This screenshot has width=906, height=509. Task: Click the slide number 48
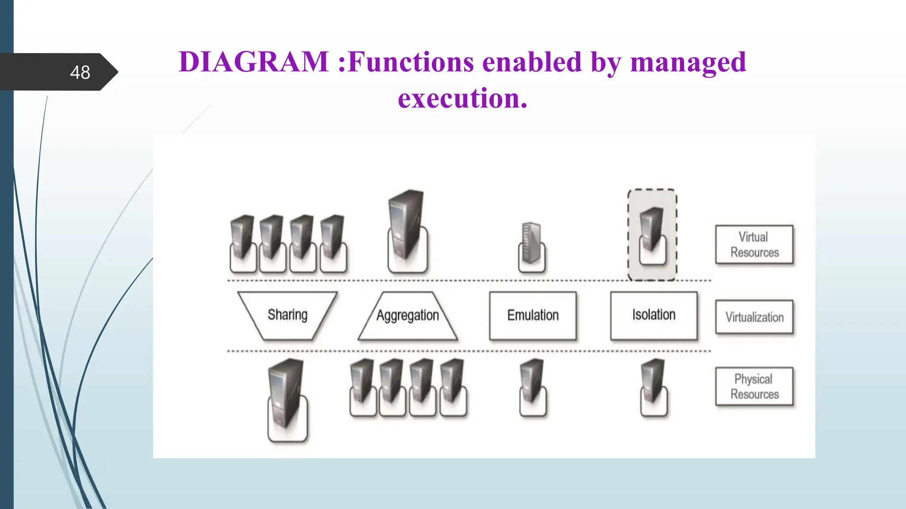(80, 72)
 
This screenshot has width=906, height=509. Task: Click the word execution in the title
(462, 98)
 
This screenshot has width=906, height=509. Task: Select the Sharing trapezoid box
(288, 315)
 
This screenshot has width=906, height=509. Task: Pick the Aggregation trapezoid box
(407, 315)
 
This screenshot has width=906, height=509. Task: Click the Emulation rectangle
(533, 315)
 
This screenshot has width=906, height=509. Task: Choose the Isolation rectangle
(653, 315)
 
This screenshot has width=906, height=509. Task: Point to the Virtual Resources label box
(754, 245)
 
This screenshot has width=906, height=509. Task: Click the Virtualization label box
(754, 317)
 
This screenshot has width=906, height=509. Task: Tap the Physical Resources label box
(754, 387)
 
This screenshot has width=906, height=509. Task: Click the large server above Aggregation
(407, 230)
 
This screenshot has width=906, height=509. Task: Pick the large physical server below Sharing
(287, 398)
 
